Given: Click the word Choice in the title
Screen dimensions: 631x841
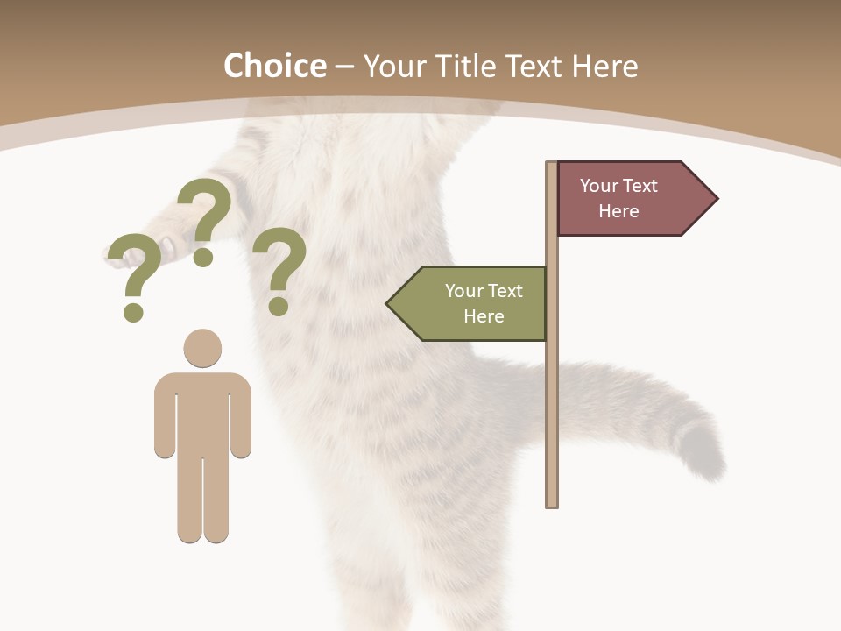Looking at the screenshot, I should point(274,66).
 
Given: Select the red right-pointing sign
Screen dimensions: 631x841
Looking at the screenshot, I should point(626,198).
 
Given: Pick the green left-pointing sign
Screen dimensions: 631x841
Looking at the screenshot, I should point(473,303).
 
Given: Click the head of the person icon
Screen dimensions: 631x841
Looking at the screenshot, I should point(202,347).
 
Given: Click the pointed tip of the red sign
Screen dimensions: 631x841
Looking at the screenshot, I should point(716,198).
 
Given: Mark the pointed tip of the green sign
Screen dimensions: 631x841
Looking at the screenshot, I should point(389,303).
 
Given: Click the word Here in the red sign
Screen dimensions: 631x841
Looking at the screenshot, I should point(618,211).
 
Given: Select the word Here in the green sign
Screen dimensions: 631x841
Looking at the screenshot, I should point(484,316).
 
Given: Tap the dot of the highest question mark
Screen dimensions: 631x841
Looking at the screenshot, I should point(203,257).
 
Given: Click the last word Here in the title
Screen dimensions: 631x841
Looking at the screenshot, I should point(604,66).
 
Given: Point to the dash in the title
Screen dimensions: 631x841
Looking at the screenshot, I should point(344,67).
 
